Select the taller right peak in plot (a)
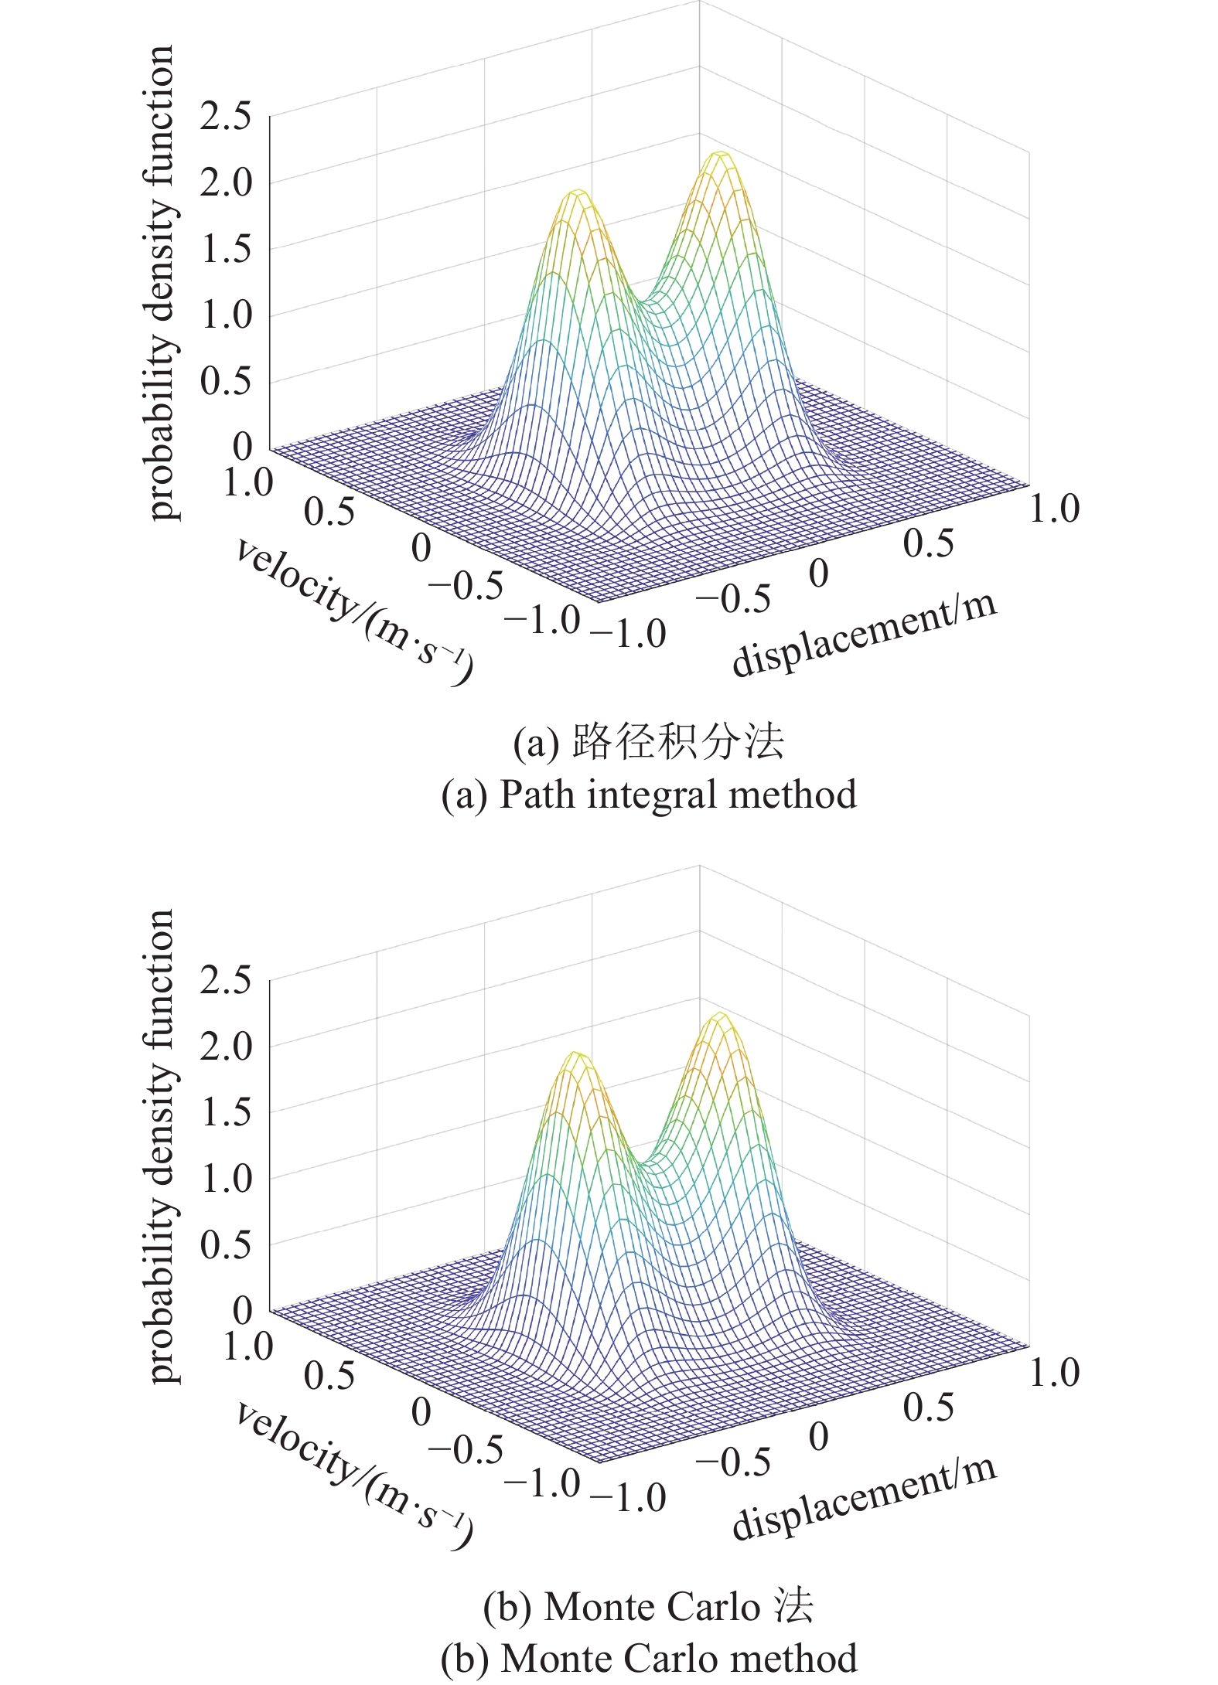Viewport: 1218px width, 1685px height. click(x=720, y=155)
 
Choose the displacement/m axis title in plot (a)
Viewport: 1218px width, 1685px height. click(x=864, y=635)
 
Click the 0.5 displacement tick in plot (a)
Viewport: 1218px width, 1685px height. click(x=928, y=543)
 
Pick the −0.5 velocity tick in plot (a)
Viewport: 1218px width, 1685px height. click(x=465, y=585)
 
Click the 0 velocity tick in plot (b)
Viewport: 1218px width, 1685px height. click(x=421, y=1412)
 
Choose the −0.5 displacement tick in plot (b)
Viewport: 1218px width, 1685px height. click(x=733, y=1462)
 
